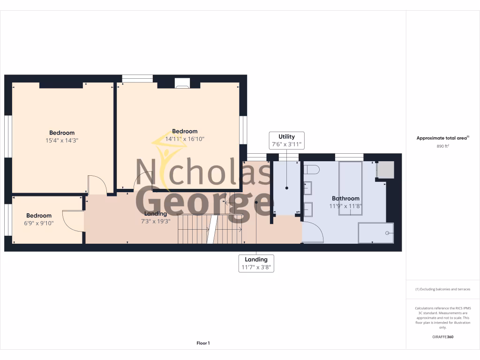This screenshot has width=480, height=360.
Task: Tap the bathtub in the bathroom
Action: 350,187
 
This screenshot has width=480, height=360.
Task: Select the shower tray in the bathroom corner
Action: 375,233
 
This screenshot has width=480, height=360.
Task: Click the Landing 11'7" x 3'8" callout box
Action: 256,263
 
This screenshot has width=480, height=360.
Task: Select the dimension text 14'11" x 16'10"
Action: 185,139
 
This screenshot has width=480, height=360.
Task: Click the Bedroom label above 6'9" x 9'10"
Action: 39,216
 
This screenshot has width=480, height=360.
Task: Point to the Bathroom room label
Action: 345,198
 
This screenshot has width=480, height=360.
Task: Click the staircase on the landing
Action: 210,229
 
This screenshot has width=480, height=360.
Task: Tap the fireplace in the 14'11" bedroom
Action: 182,83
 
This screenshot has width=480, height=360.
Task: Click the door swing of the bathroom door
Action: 313,232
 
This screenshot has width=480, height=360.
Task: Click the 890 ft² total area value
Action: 442,146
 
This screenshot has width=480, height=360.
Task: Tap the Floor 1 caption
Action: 203,343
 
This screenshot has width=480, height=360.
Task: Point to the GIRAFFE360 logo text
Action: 442,337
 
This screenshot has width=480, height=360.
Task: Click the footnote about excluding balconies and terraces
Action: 442,289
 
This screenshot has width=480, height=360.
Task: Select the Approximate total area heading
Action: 442,138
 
